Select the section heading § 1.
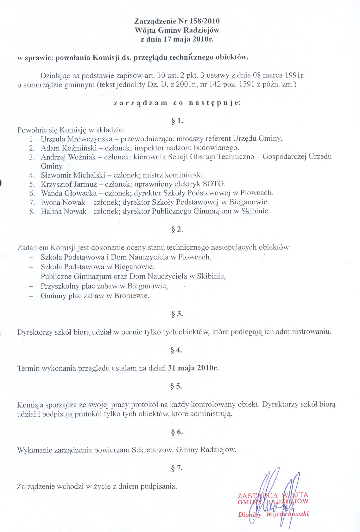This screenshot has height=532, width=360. click(x=177, y=121)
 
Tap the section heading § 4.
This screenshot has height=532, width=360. click(x=176, y=350)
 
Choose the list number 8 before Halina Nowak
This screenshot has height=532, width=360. click(x=32, y=212)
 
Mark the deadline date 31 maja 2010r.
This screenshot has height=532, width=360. click(x=193, y=368)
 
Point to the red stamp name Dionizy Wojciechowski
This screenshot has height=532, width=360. click(x=273, y=514)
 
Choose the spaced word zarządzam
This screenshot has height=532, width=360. click(x=141, y=103)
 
